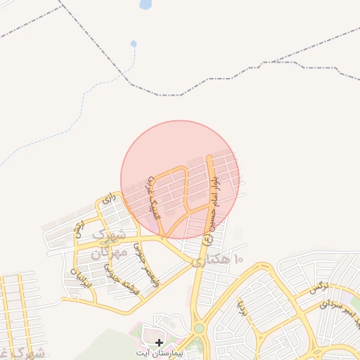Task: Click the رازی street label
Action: click(108, 200)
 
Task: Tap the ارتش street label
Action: click(79, 229)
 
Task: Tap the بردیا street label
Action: click(240, 307)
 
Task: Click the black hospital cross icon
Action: click(160, 342)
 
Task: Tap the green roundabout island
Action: click(199, 328)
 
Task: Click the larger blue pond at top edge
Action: click(146, 4)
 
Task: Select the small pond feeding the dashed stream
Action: click(134, 44)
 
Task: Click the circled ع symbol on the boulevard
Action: click(207, 239)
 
